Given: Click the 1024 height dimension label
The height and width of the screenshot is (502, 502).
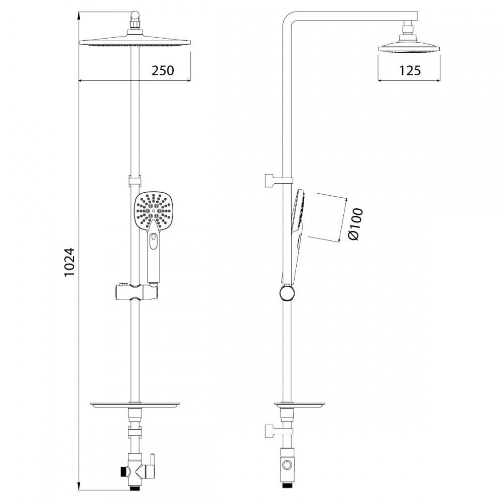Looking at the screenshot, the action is coord(70,262).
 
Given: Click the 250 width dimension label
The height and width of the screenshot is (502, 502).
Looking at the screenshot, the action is coord(163,70).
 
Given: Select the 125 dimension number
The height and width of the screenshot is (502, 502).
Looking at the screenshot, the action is coord(410,70).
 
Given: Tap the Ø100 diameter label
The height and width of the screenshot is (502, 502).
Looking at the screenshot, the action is coord(356,224).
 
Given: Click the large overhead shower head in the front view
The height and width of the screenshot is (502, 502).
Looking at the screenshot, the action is coord(135,42).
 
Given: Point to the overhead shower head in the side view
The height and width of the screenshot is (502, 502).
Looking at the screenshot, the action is coord(409,46).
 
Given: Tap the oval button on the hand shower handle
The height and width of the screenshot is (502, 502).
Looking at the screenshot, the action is coord(154,241).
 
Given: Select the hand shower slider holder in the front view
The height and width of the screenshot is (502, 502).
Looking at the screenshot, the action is coord(136,291).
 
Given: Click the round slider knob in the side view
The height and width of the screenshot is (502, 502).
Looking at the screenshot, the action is coord(287,293).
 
